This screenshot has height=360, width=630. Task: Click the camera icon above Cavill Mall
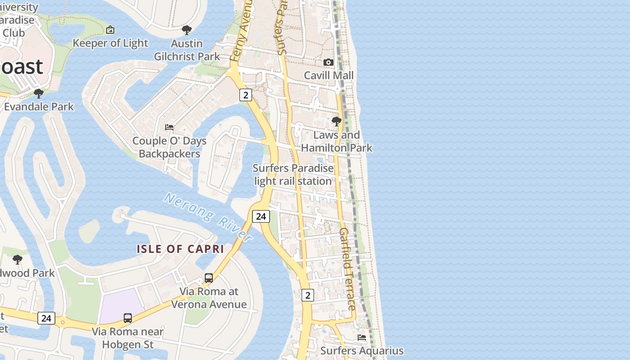click(x=328, y=62)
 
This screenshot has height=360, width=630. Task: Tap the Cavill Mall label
click(x=328, y=75)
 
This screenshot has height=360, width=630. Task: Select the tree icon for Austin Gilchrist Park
click(x=186, y=30)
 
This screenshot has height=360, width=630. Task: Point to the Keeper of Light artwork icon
click(x=110, y=30)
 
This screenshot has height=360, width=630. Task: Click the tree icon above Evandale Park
click(x=39, y=93)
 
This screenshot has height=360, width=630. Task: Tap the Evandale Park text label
click(x=39, y=107)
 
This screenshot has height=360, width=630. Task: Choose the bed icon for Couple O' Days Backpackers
click(x=169, y=127)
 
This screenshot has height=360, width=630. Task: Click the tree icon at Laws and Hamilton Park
click(x=336, y=121)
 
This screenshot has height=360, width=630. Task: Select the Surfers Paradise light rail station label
click(x=293, y=175)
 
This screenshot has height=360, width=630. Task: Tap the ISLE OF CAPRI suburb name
click(x=180, y=249)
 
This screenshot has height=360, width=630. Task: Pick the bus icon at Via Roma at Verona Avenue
click(x=209, y=278)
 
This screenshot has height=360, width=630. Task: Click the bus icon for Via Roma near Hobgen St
click(x=128, y=318)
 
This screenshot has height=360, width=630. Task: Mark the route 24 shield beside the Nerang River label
click(x=261, y=216)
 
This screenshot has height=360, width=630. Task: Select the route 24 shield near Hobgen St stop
click(x=46, y=318)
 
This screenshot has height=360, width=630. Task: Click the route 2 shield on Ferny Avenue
click(x=245, y=94)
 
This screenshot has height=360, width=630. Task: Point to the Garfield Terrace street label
click(x=347, y=269)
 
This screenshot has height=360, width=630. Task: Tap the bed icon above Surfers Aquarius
click(x=362, y=337)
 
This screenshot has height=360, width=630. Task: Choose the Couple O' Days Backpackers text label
click(x=169, y=147)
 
